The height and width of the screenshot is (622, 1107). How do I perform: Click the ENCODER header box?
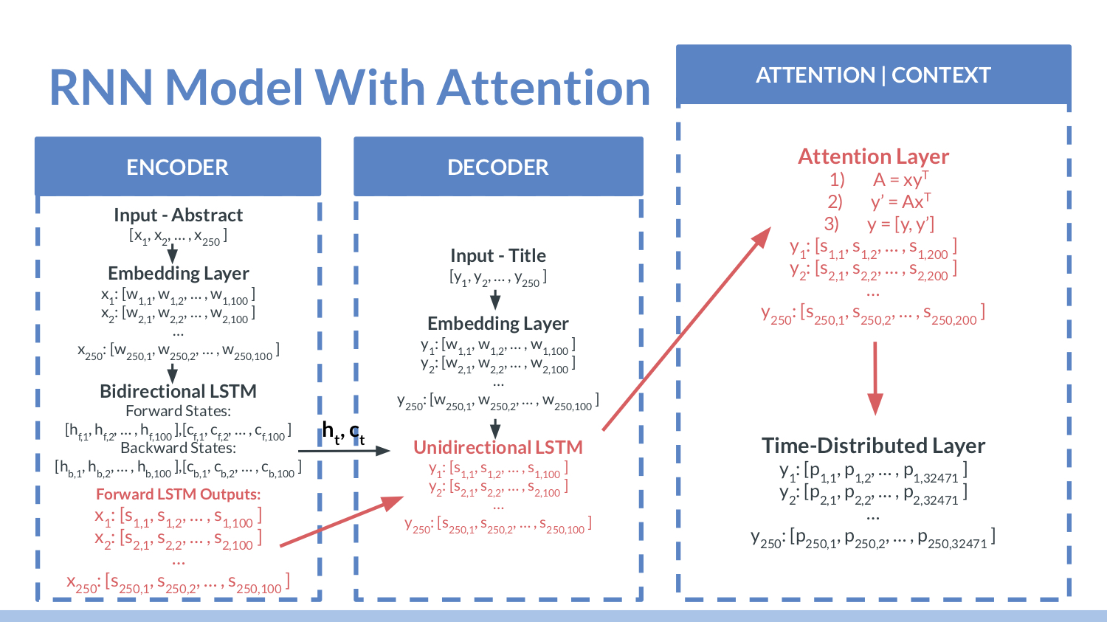click(177, 167)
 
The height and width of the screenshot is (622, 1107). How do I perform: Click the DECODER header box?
click(498, 167)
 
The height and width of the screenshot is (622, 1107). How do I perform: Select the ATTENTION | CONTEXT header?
click(873, 75)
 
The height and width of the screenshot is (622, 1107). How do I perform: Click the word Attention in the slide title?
click(544, 88)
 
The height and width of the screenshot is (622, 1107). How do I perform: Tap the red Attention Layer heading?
click(873, 156)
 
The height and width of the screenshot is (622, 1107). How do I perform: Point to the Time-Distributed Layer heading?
click(873, 446)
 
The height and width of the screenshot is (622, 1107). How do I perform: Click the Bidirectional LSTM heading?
click(178, 391)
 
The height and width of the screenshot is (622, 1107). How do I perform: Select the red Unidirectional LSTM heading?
click(498, 447)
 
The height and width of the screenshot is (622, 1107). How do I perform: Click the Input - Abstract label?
click(178, 215)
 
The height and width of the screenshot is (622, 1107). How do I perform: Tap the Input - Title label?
click(498, 255)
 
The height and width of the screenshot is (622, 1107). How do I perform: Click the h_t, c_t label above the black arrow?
click(343, 432)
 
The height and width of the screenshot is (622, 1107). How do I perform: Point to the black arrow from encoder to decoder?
click(343, 450)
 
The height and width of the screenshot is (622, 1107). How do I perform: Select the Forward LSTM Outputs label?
click(178, 494)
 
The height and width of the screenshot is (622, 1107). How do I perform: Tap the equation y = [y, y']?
click(900, 224)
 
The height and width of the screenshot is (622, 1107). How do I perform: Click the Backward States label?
click(178, 448)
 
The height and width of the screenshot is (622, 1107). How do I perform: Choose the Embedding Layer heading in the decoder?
click(498, 323)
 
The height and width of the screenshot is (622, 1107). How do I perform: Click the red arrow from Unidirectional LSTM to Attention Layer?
click(686, 329)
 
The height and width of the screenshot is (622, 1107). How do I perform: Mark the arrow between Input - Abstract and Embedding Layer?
click(172, 253)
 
